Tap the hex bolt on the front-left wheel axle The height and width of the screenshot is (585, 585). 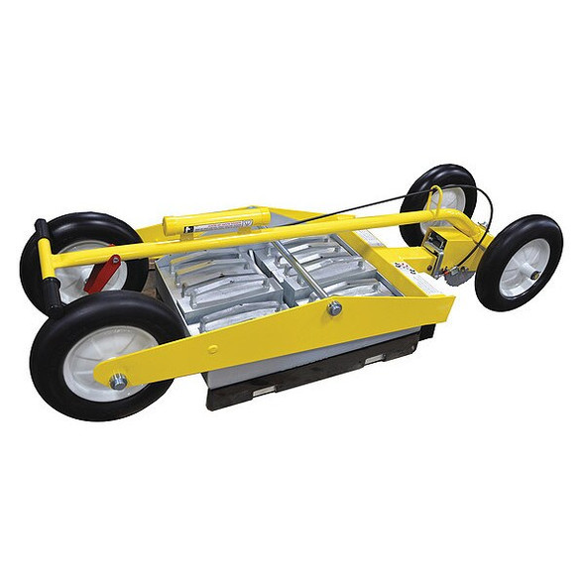click(118, 381)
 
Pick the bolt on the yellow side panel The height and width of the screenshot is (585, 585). click(334, 309)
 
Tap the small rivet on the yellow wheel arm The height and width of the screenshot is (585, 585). click(212, 349)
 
